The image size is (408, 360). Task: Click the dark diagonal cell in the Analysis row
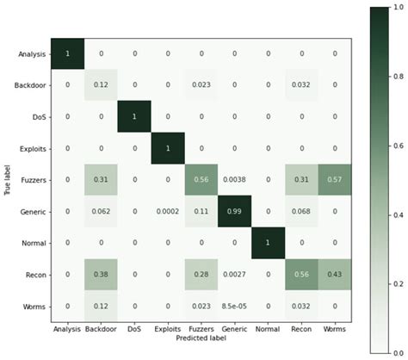coord(68,53)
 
